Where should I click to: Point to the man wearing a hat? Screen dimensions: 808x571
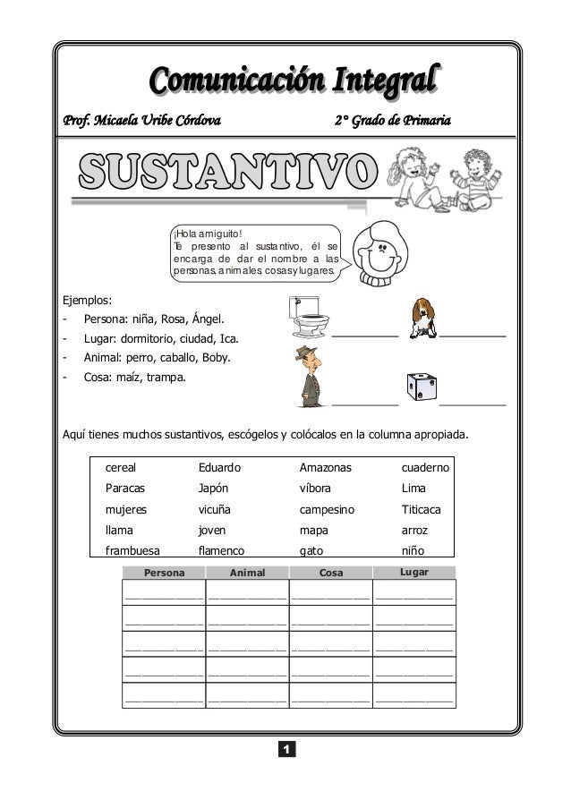tap(311, 377)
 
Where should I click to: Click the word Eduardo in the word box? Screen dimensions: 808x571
tap(219, 467)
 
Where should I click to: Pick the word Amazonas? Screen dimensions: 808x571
tap(326, 467)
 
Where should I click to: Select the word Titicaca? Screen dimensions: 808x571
tap(426, 509)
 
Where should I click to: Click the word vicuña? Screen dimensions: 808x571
tap(215, 509)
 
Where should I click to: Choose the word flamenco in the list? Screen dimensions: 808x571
tap(221, 551)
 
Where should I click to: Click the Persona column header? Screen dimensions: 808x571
tap(165, 573)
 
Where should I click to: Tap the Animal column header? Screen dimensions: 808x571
tap(248, 573)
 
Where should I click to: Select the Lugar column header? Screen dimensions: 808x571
tap(415, 572)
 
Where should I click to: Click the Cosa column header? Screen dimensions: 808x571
tap(330, 573)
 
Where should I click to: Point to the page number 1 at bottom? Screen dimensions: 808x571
tap(285, 747)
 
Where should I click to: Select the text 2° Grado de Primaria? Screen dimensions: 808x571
tap(393, 120)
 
